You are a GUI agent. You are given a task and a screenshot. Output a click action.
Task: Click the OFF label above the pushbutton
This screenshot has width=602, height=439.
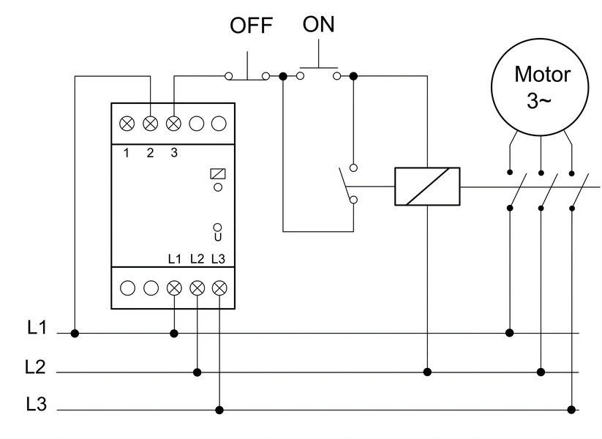point(251,26)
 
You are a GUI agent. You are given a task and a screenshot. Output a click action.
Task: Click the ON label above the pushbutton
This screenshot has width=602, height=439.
point(318,24)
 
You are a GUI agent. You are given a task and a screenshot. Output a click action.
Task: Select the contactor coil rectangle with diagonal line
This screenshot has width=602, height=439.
point(427,187)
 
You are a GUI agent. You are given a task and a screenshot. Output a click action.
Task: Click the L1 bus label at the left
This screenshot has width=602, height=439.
point(37,328)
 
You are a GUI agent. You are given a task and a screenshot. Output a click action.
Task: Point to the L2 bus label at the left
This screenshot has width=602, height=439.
point(35,367)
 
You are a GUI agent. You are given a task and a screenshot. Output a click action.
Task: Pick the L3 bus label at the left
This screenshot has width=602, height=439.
point(36,404)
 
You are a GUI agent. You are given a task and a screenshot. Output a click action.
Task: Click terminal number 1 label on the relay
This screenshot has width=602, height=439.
point(127,153)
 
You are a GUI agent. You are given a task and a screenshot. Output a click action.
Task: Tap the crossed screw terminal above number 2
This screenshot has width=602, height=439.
point(150,124)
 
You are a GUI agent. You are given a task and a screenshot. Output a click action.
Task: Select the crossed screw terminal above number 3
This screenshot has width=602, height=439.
point(173,124)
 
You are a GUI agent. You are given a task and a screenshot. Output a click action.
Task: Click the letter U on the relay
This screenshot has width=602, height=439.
point(218,237)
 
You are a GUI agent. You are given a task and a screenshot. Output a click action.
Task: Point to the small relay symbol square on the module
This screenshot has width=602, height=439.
point(218,174)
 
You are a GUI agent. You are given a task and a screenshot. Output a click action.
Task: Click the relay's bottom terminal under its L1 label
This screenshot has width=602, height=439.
point(174,288)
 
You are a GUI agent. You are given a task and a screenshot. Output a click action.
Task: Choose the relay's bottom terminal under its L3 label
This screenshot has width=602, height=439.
point(219,288)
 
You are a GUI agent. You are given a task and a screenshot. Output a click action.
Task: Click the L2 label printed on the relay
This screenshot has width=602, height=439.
point(197,259)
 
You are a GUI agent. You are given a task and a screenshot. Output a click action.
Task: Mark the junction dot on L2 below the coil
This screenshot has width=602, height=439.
point(427,372)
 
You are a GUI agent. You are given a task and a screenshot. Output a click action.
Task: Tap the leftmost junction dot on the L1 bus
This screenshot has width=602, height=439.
point(75,333)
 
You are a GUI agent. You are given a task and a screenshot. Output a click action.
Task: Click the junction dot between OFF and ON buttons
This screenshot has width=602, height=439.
point(283,76)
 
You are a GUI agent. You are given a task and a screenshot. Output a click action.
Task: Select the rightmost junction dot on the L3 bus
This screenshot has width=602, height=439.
point(571,410)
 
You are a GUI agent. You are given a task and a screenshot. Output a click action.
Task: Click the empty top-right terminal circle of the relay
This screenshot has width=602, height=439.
point(219,124)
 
